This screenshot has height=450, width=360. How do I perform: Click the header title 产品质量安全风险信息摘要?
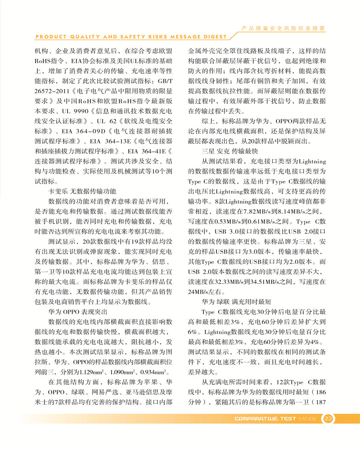tap(283, 28)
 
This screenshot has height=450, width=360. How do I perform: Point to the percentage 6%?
tap(193, 331)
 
